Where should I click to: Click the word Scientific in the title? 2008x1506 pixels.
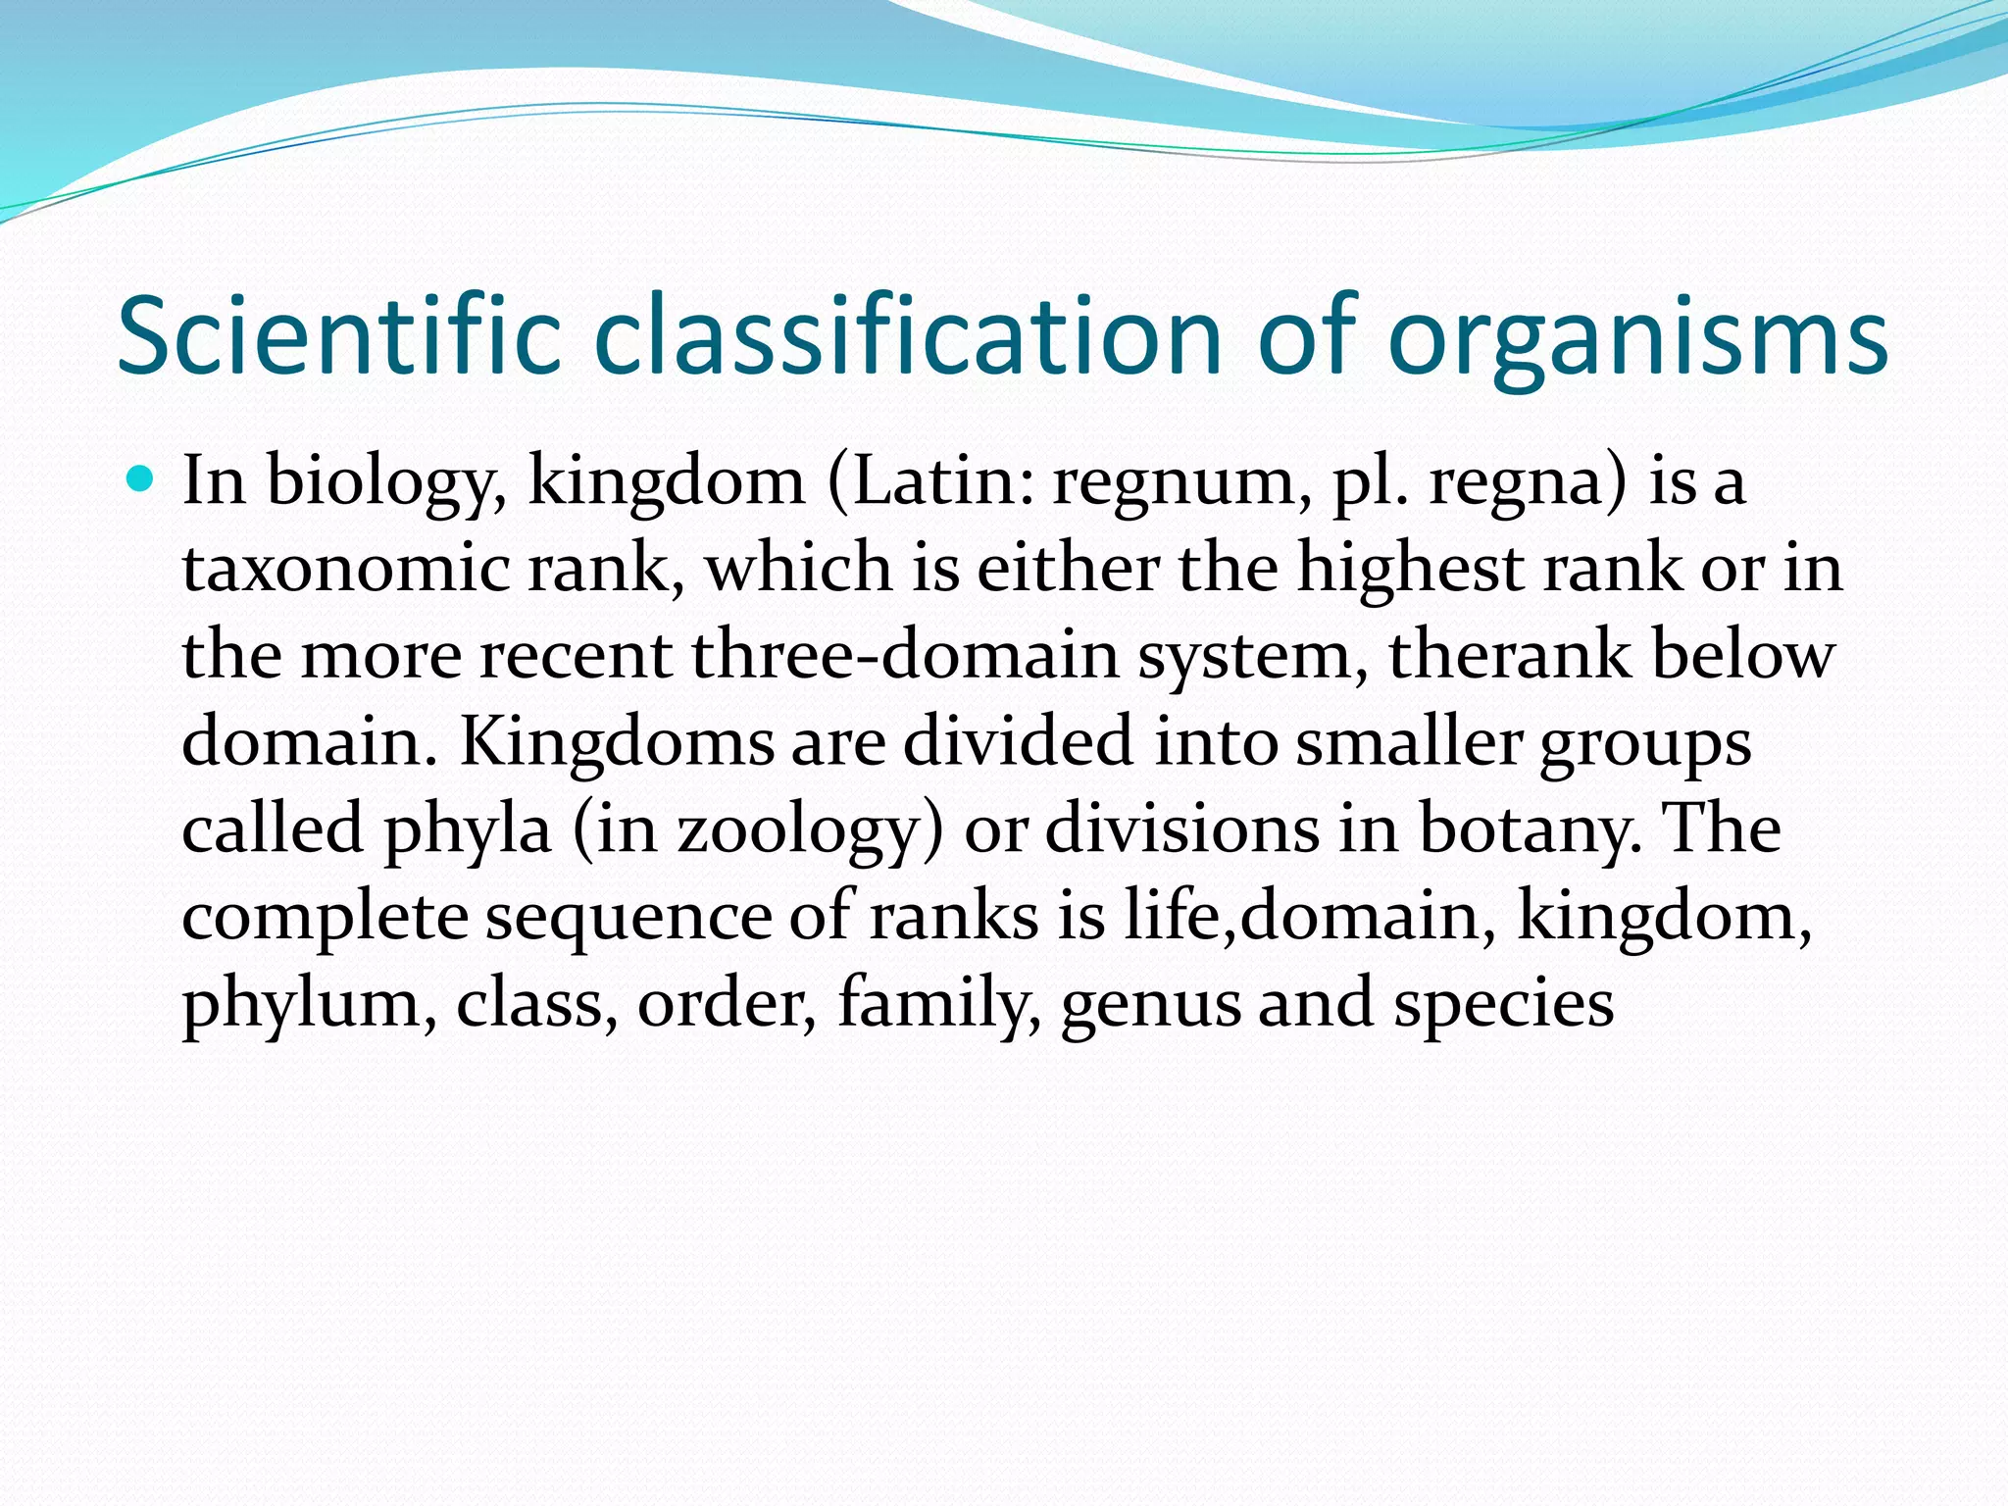coord(338,335)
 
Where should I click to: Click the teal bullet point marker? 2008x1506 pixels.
coord(142,480)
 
